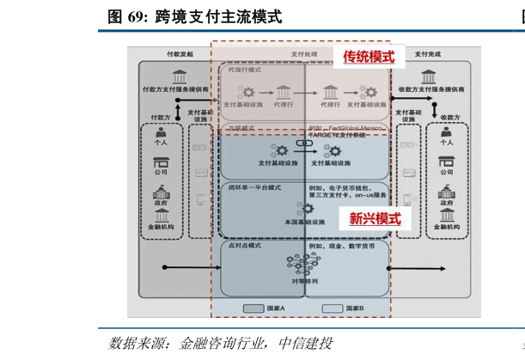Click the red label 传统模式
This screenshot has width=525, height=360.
coord(369,58)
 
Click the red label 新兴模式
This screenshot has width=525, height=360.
coord(375,218)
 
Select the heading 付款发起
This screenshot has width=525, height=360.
coord(180,53)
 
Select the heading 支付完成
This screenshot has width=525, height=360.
coord(427,53)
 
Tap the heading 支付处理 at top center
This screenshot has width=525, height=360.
coord(303,54)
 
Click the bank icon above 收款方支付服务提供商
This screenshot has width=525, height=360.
coord(431,73)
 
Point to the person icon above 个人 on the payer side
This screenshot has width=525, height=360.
coord(161,133)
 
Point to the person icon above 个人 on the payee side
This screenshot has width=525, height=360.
coord(446,133)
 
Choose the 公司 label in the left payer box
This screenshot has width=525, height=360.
coord(161,173)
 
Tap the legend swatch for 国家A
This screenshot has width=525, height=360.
coord(253,308)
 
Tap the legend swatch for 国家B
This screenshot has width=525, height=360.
coord(333,308)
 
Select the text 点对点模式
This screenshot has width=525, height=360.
coord(246,245)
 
